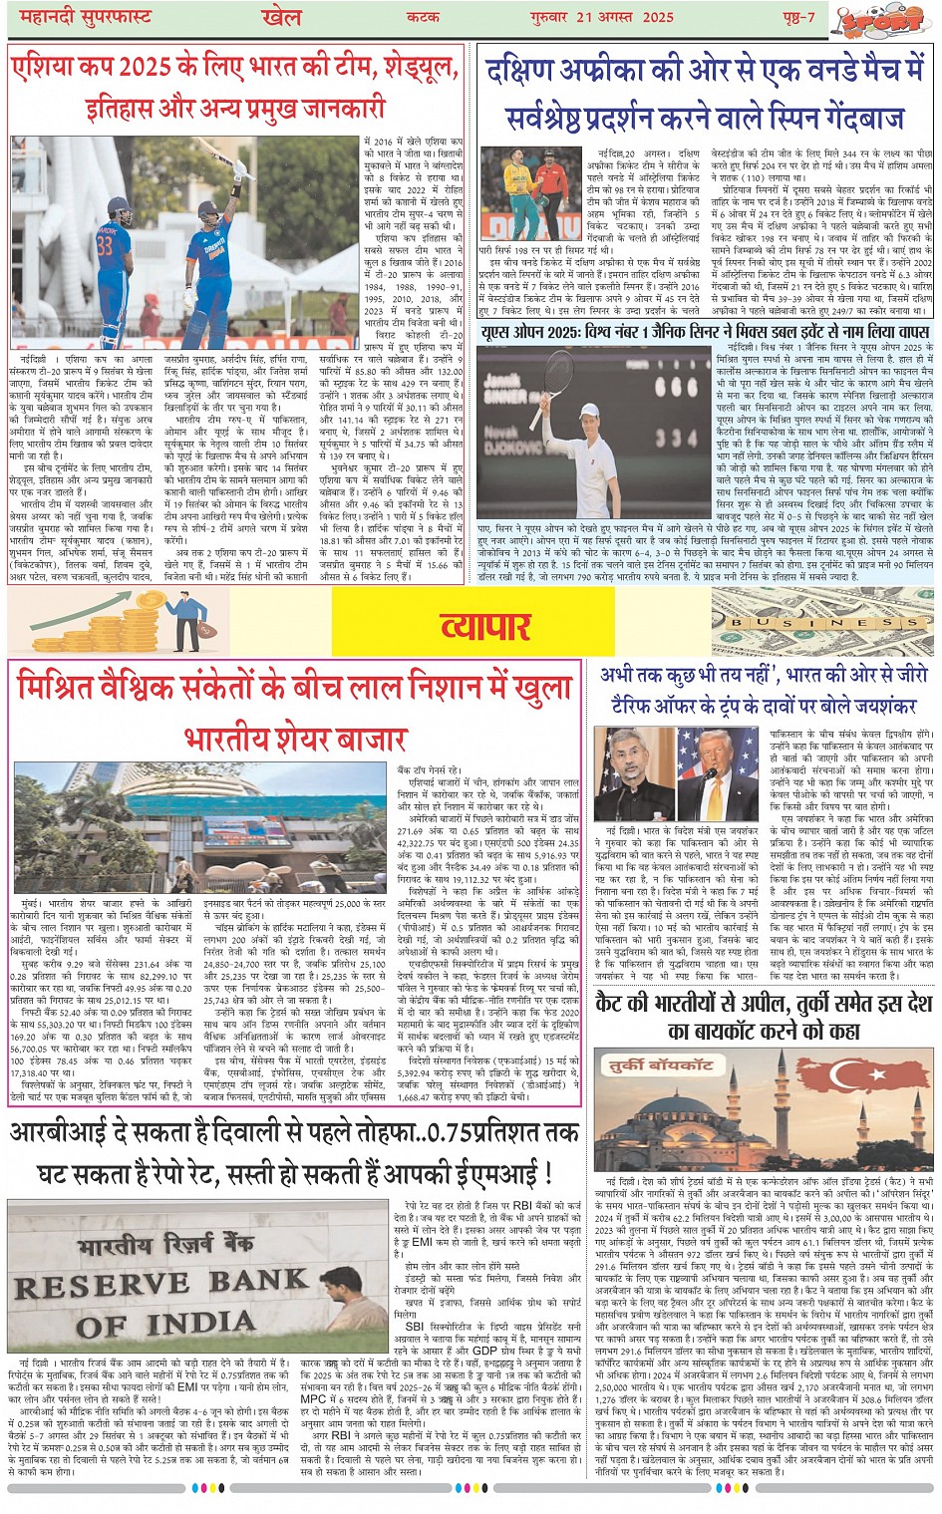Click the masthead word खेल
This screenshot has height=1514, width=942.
point(282,17)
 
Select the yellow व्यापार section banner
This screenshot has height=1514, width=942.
point(485,627)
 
